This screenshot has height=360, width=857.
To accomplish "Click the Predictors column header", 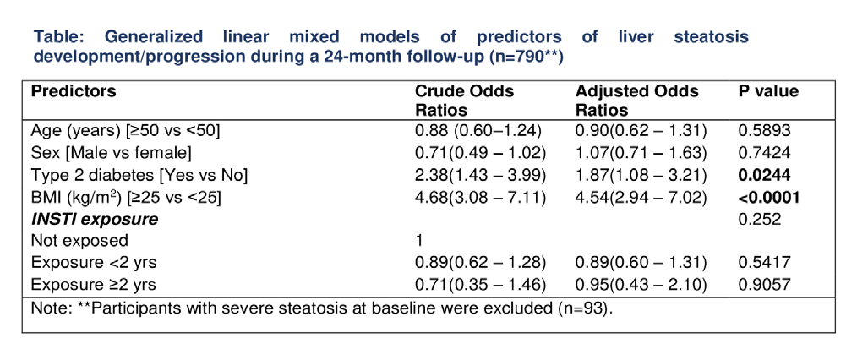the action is [x=74, y=91].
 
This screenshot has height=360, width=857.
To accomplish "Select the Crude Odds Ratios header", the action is [x=465, y=101].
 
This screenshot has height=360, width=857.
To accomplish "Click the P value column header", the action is [x=768, y=91].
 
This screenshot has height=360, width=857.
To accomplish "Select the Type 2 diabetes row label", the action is [x=139, y=174].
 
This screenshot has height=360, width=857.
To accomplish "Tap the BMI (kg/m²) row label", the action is [x=126, y=196].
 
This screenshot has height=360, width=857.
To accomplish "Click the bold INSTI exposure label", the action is [x=95, y=219].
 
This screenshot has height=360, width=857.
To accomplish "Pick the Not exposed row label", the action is [x=79, y=240].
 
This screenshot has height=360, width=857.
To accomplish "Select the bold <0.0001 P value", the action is [x=769, y=197].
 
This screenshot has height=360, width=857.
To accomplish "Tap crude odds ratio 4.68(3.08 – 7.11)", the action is [x=481, y=197].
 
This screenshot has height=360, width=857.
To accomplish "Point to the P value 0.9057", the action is [x=765, y=284].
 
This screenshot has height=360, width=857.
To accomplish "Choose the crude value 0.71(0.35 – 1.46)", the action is [x=481, y=284].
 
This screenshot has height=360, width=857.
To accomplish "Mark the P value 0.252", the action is [x=760, y=219].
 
